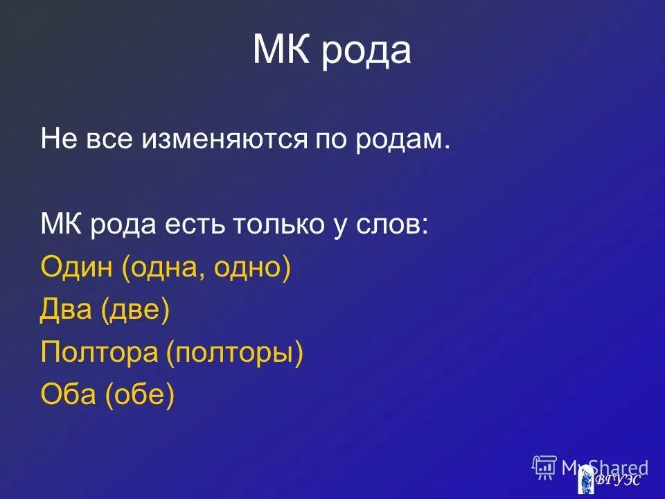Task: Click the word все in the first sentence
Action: tap(113, 140)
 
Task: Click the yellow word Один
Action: tap(77, 268)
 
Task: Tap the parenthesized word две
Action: tap(136, 310)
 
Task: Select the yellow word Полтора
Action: tap(99, 353)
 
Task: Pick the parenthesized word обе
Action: tap(139, 395)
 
